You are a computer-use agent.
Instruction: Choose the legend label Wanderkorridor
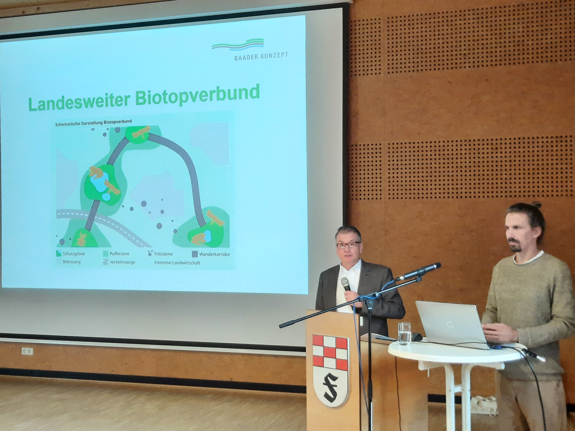215,254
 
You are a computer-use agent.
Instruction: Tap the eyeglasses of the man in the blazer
348,245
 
